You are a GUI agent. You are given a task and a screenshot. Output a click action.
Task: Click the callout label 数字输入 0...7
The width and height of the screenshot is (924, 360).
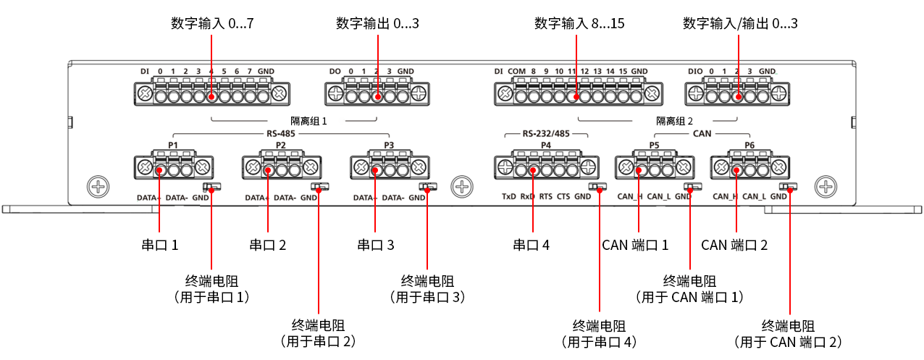point(212,24)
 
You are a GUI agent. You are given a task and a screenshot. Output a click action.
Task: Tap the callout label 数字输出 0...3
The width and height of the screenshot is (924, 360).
point(377,24)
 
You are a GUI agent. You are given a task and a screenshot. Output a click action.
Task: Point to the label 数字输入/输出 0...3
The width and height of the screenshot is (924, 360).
point(740,24)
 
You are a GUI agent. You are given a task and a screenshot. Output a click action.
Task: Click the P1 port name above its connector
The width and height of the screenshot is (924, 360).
point(173,145)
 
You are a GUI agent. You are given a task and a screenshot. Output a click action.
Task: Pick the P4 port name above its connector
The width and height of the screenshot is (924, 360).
point(545,145)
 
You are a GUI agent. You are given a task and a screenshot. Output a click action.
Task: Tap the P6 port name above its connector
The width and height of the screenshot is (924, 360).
point(749,145)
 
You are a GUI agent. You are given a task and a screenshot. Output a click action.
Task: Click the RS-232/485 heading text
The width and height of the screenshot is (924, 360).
point(545,134)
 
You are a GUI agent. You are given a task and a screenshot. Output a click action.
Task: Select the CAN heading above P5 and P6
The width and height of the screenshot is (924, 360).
point(702,134)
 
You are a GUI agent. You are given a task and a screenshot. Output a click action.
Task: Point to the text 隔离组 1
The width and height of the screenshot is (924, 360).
point(308,121)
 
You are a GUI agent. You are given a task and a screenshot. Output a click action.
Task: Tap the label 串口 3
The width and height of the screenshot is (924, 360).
point(376,245)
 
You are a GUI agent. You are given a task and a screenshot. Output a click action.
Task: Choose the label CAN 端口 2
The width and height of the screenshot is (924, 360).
point(734,245)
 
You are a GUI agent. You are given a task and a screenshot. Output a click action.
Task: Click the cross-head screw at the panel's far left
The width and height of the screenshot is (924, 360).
point(97,186)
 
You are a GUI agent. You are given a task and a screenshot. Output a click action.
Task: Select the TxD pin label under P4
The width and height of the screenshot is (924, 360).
point(509,196)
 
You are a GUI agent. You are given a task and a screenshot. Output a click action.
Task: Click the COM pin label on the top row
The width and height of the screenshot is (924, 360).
point(516,71)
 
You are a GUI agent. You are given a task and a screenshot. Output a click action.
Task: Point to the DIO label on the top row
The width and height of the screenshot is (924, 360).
point(695,71)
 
